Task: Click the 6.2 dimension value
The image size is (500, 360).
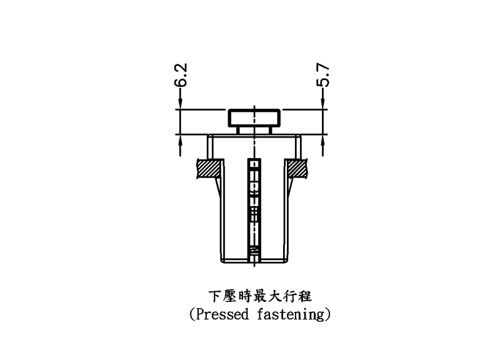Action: [x=181, y=74]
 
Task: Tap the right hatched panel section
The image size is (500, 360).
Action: [x=296, y=169]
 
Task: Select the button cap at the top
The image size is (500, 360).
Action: [x=254, y=117]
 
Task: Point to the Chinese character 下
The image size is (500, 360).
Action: [x=214, y=295]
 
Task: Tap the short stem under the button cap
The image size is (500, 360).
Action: [x=254, y=130]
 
